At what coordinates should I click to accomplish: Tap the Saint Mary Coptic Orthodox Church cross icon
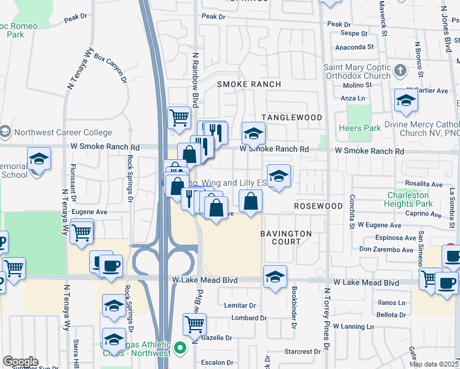(x=401, y=69)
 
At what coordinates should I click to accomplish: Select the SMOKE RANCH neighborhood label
(x=249, y=84)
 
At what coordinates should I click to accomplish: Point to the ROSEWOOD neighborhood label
(x=318, y=206)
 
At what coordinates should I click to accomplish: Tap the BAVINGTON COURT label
(x=286, y=237)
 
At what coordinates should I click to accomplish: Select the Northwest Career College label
(x=63, y=132)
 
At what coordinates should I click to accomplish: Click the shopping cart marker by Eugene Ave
(x=82, y=232)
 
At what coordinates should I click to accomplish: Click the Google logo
(x=20, y=362)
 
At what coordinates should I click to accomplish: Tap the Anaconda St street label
(x=354, y=47)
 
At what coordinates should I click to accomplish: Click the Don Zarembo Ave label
(x=386, y=250)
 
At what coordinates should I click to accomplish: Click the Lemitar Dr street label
(x=240, y=306)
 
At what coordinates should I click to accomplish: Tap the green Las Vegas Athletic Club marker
(x=180, y=349)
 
